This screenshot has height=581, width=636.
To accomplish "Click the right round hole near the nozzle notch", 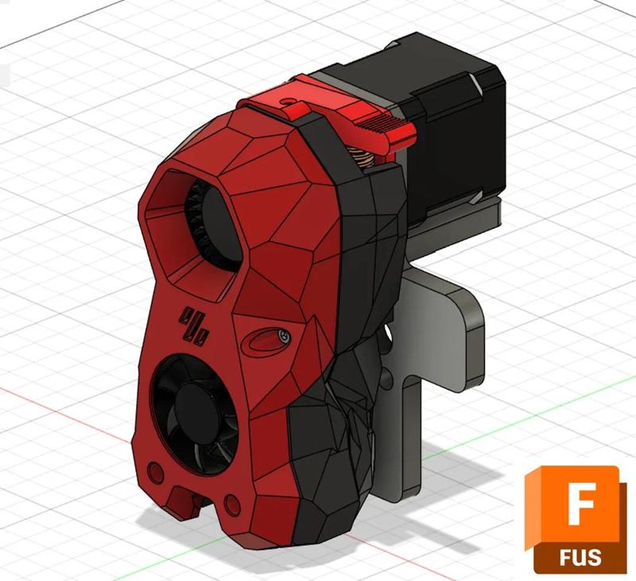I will pos(232,504).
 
